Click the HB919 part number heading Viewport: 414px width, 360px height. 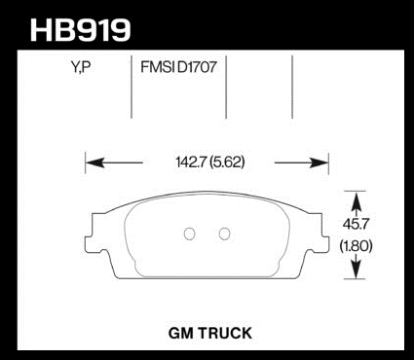[x=80, y=30]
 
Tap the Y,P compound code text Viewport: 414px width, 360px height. [x=80, y=67]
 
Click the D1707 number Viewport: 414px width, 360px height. [x=197, y=67]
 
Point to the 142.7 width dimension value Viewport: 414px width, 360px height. [x=191, y=162]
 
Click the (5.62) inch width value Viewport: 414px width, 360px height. [x=227, y=162]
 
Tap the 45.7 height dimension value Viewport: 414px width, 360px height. [x=356, y=224]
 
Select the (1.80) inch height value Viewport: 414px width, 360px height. [x=356, y=246]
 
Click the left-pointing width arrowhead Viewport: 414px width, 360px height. [x=94, y=162]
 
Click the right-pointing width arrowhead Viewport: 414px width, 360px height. [x=320, y=162]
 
